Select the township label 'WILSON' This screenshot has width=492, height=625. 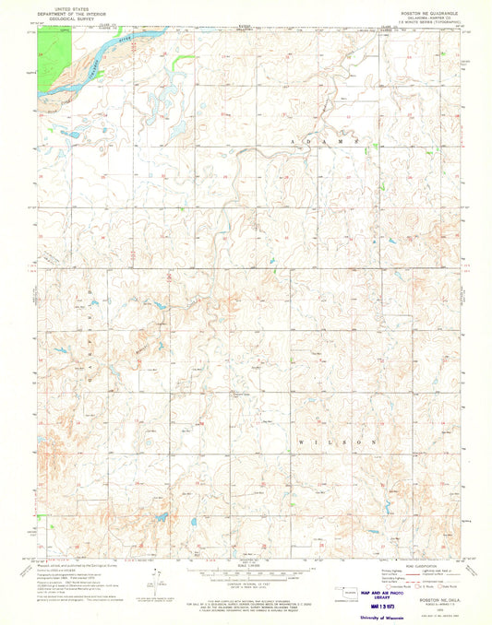click(338, 442)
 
